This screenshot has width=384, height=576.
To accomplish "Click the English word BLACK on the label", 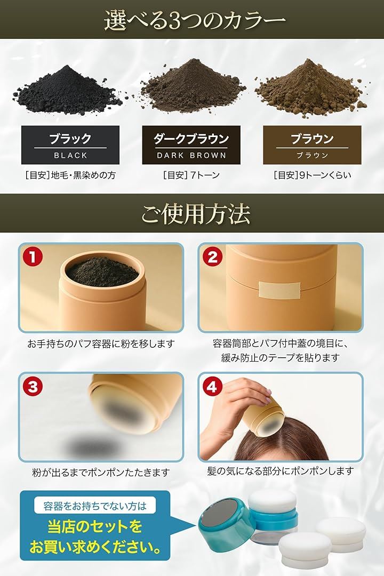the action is pyautogui.click(x=70, y=155).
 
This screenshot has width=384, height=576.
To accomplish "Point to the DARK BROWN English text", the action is pyautogui.click(x=191, y=155).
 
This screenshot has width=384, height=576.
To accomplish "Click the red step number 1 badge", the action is pyautogui.click(x=33, y=257).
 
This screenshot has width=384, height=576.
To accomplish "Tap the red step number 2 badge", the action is pyautogui.click(x=212, y=257).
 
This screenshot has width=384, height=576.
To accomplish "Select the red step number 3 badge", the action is pyautogui.click(x=33, y=387).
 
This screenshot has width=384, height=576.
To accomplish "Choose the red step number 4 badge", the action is pyautogui.click(x=212, y=387).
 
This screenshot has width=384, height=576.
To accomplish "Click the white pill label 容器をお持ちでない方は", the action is pyautogui.click(x=95, y=506).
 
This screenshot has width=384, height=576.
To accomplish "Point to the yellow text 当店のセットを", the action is pyautogui.click(x=95, y=527).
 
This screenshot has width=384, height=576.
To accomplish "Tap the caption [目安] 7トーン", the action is pyautogui.click(x=191, y=175).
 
